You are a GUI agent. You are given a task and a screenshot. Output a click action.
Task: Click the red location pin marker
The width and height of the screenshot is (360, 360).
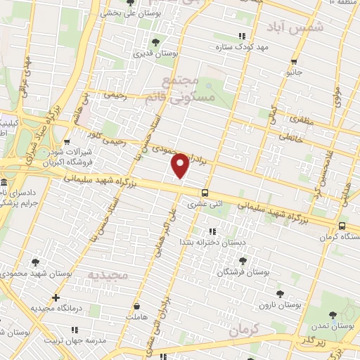click(181, 165)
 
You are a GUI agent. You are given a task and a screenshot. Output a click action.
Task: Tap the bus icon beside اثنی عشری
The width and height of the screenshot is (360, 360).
click(205, 193)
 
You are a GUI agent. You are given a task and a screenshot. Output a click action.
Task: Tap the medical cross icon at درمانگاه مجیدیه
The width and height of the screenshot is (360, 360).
click(56, 297)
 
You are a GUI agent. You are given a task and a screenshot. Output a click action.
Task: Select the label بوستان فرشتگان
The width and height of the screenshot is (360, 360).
click(243, 271)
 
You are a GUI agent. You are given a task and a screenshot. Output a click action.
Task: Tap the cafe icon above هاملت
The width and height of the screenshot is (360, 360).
click(138, 307)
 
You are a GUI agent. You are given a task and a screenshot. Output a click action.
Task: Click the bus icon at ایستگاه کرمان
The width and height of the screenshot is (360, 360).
click(342, 226)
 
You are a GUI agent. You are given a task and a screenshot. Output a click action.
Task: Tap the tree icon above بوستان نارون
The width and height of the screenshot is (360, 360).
click(280, 294)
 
